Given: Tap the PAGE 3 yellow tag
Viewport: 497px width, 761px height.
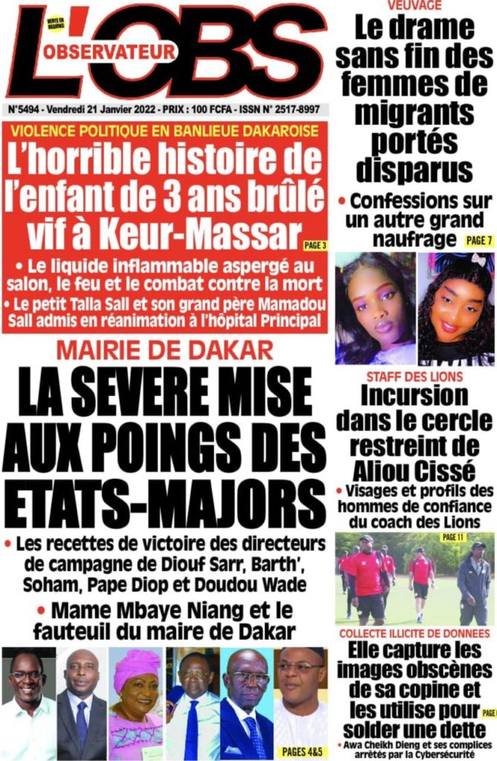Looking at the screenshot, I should click(314, 245).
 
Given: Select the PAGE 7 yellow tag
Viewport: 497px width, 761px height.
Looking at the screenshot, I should click(478, 239).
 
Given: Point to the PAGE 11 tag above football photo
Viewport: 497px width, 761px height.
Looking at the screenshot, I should click(452, 537).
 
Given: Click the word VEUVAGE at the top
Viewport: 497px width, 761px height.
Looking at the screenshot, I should click(414, 5).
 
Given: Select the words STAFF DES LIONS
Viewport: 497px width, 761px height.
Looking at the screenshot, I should click(414, 377).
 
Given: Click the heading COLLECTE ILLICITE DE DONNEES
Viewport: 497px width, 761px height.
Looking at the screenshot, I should click(414, 634).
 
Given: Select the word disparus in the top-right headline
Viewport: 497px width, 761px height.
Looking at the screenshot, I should click(414, 169).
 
